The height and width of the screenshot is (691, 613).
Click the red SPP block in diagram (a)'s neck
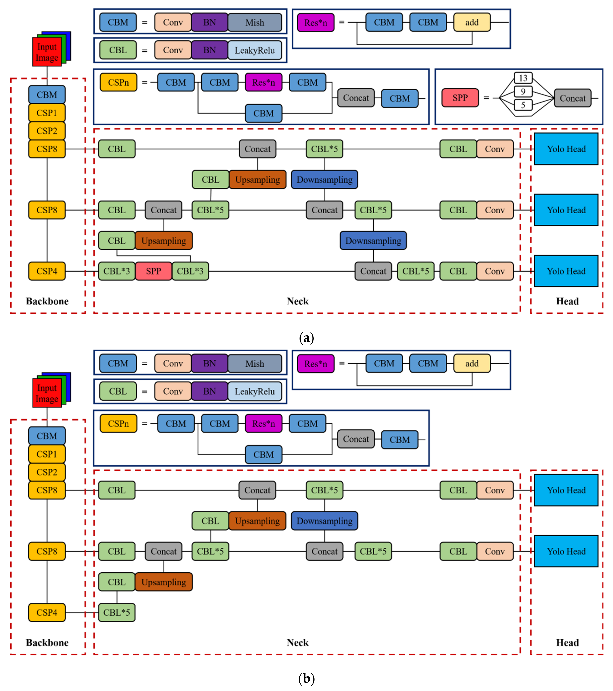pyautogui.click(x=153, y=271)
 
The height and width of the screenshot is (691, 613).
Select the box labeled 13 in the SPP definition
pyautogui.click(x=523, y=78)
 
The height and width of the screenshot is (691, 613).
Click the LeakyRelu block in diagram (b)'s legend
pyautogui.click(x=255, y=392)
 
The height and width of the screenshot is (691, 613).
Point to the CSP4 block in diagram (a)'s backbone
pyautogui.click(x=47, y=271)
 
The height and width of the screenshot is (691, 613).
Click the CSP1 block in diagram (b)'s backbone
pyautogui.click(x=47, y=454)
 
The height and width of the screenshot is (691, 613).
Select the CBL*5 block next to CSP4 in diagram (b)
pyautogui.click(x=117, y=613)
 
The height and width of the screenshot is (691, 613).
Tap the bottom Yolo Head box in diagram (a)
pyautogui.click(x=566, y=271)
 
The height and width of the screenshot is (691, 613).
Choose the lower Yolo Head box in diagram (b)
pyautogui.click(x=566, y=551)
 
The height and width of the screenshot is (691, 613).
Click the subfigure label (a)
pyautogui.click(x=307, y=338)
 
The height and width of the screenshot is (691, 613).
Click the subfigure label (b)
pyautogui.click(x=307, y=679)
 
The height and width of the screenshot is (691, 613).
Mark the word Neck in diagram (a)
pyautogui.click(x=297, y=301)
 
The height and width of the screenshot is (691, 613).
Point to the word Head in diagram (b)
pyautogui.click(x=567, y=642)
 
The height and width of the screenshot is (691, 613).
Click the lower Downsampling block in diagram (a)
pyautogui.click(x=373, y=241)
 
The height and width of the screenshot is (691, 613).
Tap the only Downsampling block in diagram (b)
pyautogui.click(x=324, y=521)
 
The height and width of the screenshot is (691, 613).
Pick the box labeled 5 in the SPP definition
pyautogui.click(x=523, y=105)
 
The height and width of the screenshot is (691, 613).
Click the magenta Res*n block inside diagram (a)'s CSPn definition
pyautogui.click(x=264, y=82)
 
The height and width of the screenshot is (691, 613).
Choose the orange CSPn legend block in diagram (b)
pyautogui.click(x=118, y=424)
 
